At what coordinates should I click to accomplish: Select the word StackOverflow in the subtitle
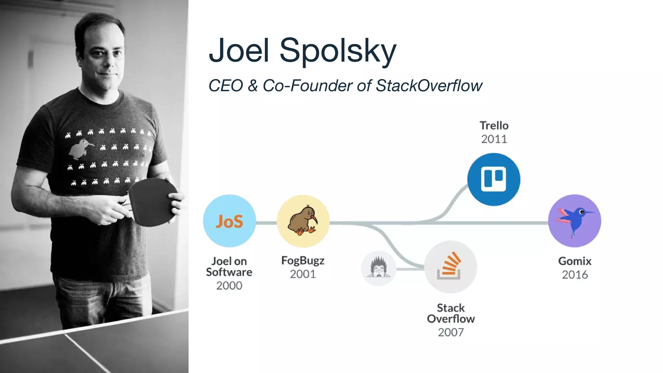[x=429, y=86]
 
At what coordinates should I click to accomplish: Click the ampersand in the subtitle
[x=253, y=86]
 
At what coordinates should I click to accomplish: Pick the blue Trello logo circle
[x=494, y=179]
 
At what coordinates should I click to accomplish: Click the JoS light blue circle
[x=229, y=221]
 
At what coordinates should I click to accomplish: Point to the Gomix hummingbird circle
[x=574, y=221]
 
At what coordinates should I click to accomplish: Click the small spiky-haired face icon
[x=378, y=268]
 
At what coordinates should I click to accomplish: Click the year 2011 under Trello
[x=494, y=139]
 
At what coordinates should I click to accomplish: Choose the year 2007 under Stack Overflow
[x=451, y=332]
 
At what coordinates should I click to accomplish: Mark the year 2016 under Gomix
[x=575, y=275]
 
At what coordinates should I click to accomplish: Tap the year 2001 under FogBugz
[x=303, y=274]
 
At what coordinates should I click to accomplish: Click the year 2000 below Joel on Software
[x=229, y=286]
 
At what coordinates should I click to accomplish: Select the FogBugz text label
[x=303, y=261]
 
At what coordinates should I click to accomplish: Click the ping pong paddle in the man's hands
[x=152, y=201]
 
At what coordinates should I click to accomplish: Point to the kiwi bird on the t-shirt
[x=79, y=149]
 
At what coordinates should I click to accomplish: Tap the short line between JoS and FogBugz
[x=266, y=223]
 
